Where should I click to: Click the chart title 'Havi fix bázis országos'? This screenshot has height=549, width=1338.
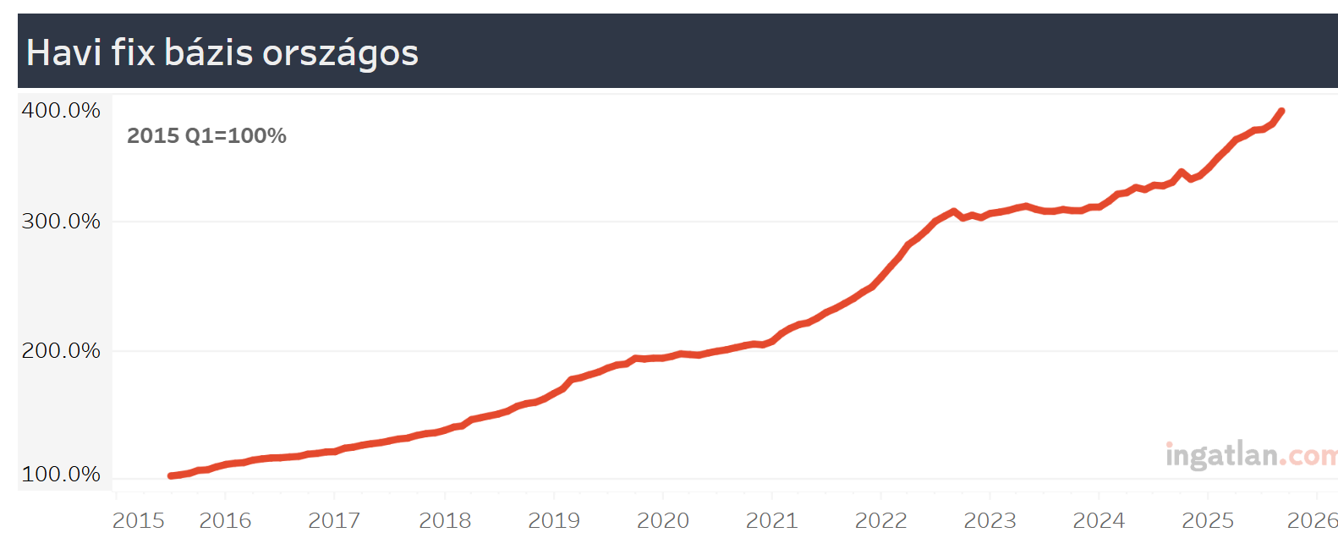(x=222, y=52)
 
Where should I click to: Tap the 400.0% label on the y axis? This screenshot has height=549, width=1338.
(x=61, y=111)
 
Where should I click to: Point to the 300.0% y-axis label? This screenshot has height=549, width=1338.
(x=61, y=222)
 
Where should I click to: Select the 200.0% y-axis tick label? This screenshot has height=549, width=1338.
(x=61, y=350)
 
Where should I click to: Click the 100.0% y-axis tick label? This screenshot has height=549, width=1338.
(x=61, y=475)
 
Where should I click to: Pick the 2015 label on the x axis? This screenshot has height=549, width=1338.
(x=139, y=521)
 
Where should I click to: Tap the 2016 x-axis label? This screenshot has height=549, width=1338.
(x=225, y=521)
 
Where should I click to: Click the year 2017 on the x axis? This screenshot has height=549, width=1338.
(x=334, y=521)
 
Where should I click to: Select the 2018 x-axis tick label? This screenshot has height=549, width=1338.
(x=445, y=521)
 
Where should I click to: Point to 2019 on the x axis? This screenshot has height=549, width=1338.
(x=554, y=521)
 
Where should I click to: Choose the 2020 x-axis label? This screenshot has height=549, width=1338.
(x=663, y=521)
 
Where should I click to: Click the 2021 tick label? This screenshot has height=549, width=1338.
(x=771, y=521)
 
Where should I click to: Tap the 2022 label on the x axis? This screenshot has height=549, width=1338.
(x=880, y=521)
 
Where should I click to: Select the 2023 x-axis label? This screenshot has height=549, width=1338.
(x=990, y=521)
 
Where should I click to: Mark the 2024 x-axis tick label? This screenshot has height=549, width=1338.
(x=1099, y=521)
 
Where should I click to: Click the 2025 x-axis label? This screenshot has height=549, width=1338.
(x=1208, y=521)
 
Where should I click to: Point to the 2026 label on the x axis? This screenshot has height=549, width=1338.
(x=1312, y=521)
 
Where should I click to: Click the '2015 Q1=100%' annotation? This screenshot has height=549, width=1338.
(x=206, y=136)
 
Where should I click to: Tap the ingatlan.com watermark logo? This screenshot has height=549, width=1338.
(x=1250, y=455)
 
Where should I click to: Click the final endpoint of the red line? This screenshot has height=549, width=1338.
(x=1282, y=111)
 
